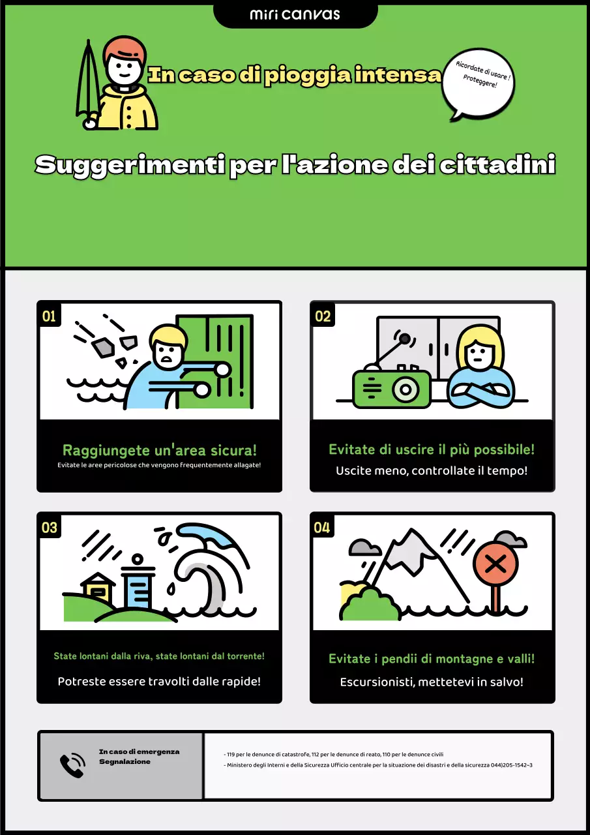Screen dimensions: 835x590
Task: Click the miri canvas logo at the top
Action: coord(295,14)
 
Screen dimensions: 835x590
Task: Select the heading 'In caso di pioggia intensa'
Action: coord(295,75)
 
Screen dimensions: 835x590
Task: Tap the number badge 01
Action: coord(50,316)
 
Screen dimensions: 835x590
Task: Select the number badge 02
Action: coord(323,316)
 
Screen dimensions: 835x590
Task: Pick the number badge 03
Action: coord(50,527)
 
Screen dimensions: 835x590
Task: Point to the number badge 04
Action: coord(323,527)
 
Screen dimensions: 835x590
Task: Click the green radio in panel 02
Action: coord(392,389)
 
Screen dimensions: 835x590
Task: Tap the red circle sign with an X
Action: coord(495,565)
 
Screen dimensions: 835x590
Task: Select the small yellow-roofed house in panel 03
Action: coord(98,586)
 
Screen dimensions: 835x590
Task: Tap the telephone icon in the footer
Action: coord(72,765)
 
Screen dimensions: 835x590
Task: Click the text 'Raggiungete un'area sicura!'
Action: coord(159,450)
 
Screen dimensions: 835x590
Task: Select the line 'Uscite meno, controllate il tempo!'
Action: coord(432,470)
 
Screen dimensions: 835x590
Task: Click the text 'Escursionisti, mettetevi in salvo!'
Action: coord(432,682)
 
